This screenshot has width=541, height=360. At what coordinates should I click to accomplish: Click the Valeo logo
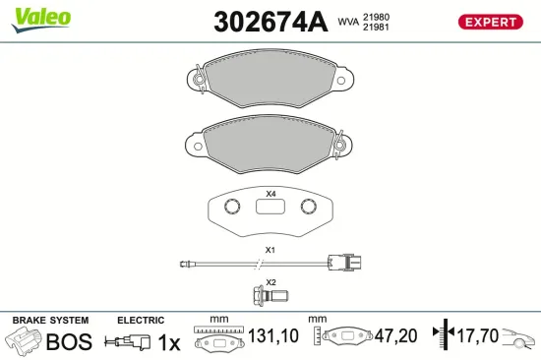(41, 20)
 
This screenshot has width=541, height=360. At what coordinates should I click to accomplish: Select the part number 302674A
(270, 22)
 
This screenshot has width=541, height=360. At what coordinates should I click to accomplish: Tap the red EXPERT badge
(490, 22)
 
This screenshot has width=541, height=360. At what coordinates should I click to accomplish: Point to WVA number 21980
(376, 17)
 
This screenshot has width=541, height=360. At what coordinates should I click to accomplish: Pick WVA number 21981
(376, 27)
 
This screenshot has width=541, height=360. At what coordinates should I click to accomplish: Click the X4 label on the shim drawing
(270, 194)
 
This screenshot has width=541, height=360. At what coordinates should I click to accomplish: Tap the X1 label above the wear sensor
(270, 250)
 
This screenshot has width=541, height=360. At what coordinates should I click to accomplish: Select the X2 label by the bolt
(271, 282)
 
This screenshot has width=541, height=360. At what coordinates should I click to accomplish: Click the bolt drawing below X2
(270, 296)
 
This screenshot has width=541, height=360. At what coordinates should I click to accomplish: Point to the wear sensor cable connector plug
(344, 263)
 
